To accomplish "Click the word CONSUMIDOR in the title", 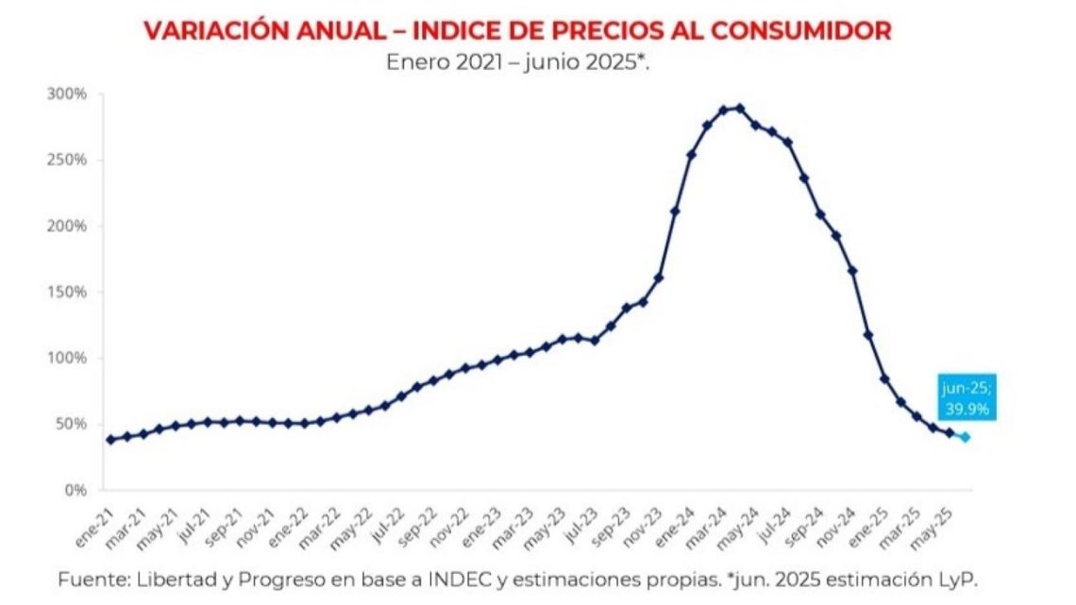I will pos(800,30).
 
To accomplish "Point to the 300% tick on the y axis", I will pos(67,94).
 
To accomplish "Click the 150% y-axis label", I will pos(67,293).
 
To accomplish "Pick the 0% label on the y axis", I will pos(75,491).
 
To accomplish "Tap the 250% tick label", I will pos(67,160).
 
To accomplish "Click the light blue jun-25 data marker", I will pos(965,437).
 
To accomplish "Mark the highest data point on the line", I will pos(739,109).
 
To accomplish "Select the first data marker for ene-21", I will pos(110,439).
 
